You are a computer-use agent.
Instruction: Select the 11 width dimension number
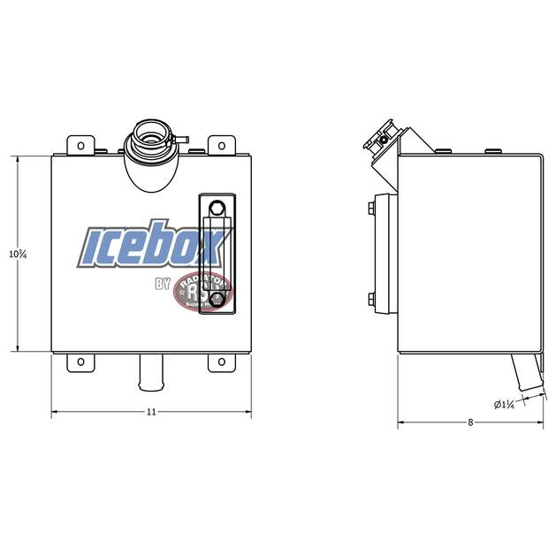coord(151,412)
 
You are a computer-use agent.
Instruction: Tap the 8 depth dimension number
coord(470,422)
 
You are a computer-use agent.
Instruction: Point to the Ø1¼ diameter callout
coord(504,404)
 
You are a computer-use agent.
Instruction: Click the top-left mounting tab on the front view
coord(81,144)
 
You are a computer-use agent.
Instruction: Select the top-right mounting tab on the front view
coord(221,144)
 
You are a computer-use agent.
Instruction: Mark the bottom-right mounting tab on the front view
coord(221,362)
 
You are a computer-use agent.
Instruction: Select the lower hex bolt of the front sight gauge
coord(217,301)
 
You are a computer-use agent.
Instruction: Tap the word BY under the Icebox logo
coord(163,284)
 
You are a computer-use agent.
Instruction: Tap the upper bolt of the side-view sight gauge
coord(371,209)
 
